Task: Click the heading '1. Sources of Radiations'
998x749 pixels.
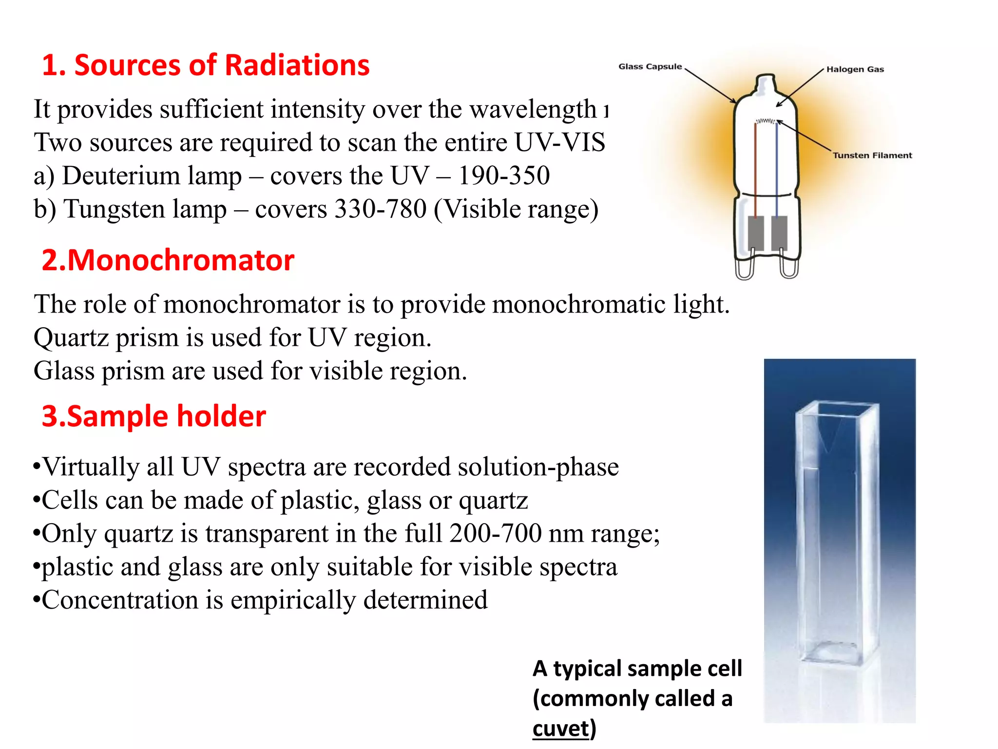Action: click(206, 65)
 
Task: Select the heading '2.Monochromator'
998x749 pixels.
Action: click(168, 260)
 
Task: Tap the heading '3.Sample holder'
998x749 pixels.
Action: click(154, 416)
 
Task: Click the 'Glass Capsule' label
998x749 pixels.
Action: click(650, 66)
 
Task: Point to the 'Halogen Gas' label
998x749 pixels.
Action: click(855, 69)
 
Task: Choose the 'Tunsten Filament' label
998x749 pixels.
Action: click(872, 156)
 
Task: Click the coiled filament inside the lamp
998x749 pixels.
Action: click(766, 121)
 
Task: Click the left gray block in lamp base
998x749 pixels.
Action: click(755, 232)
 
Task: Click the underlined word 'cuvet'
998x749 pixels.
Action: click(561, 729)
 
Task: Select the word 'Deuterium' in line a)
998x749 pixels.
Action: click(152, 176)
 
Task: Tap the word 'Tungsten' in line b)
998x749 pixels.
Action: click(145, 209)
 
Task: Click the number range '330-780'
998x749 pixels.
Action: click(381, 209)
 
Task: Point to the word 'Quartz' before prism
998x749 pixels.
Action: click(71, 338)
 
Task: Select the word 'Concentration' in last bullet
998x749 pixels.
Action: click(120, 600)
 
